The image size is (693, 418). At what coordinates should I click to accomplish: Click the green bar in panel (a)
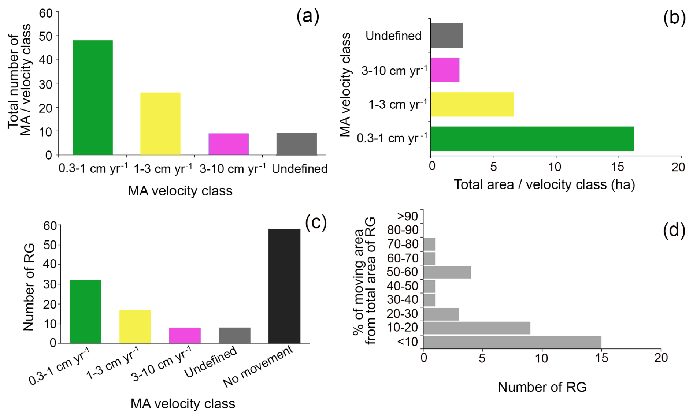[93, 97]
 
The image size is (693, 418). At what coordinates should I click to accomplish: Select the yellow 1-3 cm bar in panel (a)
[160, 124]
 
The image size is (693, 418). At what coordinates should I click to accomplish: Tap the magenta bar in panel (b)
[445, 70]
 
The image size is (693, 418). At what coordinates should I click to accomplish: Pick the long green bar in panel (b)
[532, 139]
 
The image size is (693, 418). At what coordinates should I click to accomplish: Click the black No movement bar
[284, 286]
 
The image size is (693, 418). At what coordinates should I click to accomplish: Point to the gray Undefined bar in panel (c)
[234, 335]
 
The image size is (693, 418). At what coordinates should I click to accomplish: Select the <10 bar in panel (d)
[512, 342]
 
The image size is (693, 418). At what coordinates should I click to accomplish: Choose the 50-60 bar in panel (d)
[447, 272]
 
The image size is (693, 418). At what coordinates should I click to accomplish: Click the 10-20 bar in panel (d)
[477, 328]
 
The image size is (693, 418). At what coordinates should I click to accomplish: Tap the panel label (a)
[308, 16]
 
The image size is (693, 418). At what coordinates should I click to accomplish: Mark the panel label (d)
[674, 231]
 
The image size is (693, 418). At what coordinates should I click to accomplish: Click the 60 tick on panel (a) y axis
[46, 13]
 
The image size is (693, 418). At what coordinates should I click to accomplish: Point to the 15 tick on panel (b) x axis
[617, 167]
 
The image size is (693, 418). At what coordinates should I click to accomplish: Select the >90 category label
[408, 216]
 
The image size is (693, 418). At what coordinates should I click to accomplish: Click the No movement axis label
[259, 366]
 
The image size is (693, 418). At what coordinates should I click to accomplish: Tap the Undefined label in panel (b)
[393, 36]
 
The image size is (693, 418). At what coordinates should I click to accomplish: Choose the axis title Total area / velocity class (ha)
[544, 184]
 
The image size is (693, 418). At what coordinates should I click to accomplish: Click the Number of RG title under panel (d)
[542, 387]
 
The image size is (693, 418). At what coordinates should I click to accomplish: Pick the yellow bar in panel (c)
[135, 326]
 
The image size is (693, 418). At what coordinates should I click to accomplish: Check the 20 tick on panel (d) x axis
[661, 358]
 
